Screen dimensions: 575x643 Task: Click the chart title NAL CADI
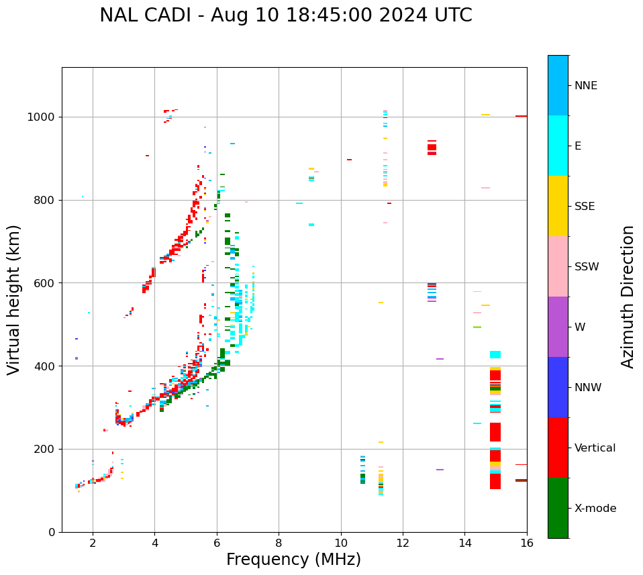[285, 15]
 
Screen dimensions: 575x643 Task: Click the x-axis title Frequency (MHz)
[293, 560]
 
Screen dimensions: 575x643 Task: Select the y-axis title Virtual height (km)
[14, 299]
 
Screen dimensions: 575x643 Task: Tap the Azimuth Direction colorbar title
[628, 296]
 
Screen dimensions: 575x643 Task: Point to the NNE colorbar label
[585, 86]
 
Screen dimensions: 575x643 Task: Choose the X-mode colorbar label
[595, 509]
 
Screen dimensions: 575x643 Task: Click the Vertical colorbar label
[595, 448]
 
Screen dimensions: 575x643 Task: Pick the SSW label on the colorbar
[587, 267]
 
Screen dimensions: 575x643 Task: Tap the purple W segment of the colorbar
[558, 327]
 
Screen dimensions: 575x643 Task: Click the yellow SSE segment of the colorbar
[558, 206]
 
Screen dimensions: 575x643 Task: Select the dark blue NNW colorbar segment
[558, 387]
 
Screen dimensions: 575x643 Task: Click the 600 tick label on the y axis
[47, 283]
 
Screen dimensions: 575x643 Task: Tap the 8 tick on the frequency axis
[279, 543]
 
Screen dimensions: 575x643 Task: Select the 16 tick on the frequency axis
[527, 543]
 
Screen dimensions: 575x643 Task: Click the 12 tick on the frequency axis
[403, 543]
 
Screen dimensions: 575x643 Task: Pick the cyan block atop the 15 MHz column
[495, 355]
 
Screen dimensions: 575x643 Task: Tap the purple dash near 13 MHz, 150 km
[440, 470]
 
